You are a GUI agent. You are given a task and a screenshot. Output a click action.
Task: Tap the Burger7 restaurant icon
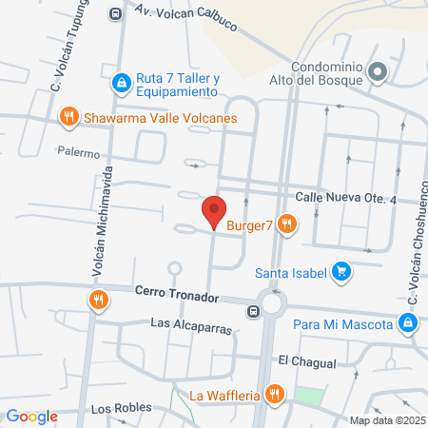(x=288, y=224)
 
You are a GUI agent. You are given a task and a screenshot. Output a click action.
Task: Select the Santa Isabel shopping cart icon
(x=343, y=273)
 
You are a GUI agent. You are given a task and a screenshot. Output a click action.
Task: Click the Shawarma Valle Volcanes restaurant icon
(x=68, y=118)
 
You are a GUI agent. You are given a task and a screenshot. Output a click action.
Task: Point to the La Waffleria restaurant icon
(x=275, y=394)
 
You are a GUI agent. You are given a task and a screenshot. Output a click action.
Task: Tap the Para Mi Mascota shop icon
(x=407, y=324)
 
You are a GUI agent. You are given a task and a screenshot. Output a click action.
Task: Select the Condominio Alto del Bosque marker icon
(x=378, y=71)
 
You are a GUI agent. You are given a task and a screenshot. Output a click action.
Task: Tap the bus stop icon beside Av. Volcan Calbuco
(x=116, y=13)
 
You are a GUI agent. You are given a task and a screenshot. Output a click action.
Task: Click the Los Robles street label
(x=121, y=408)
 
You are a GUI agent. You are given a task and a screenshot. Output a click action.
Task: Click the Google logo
(x=31, y=416)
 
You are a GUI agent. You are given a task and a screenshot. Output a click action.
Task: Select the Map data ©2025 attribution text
(x=386, y=420)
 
